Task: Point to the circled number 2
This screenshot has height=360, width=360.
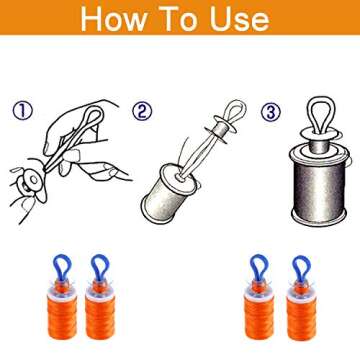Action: (143, 111)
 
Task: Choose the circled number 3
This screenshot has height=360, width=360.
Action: (270, 111)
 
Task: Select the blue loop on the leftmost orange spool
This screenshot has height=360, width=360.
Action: (62, 267)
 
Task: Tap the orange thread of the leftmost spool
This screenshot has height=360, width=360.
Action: (64, 320)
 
